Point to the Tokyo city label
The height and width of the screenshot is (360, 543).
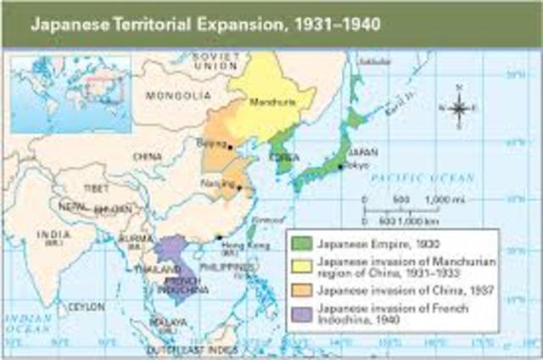tap(357, 166)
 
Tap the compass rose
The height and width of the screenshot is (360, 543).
tap(459, 108)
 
